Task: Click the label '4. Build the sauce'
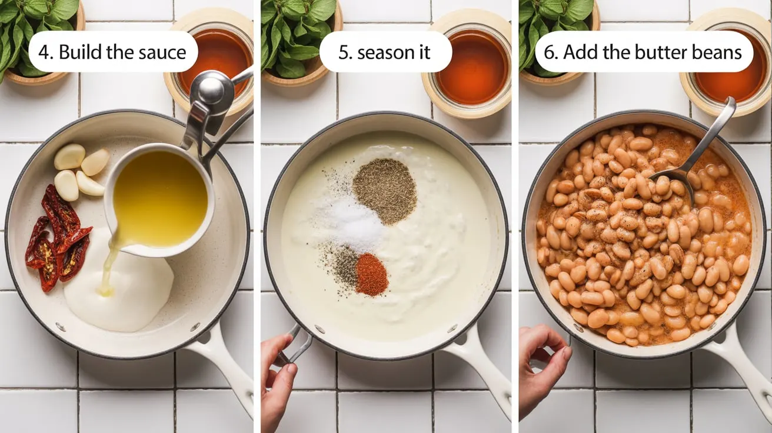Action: point(112,52)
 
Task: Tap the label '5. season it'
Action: point(385,52)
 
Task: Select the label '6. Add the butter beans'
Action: point(644,52)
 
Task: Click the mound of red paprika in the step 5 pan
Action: point(371,274)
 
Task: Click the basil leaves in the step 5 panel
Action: point(297,32)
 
